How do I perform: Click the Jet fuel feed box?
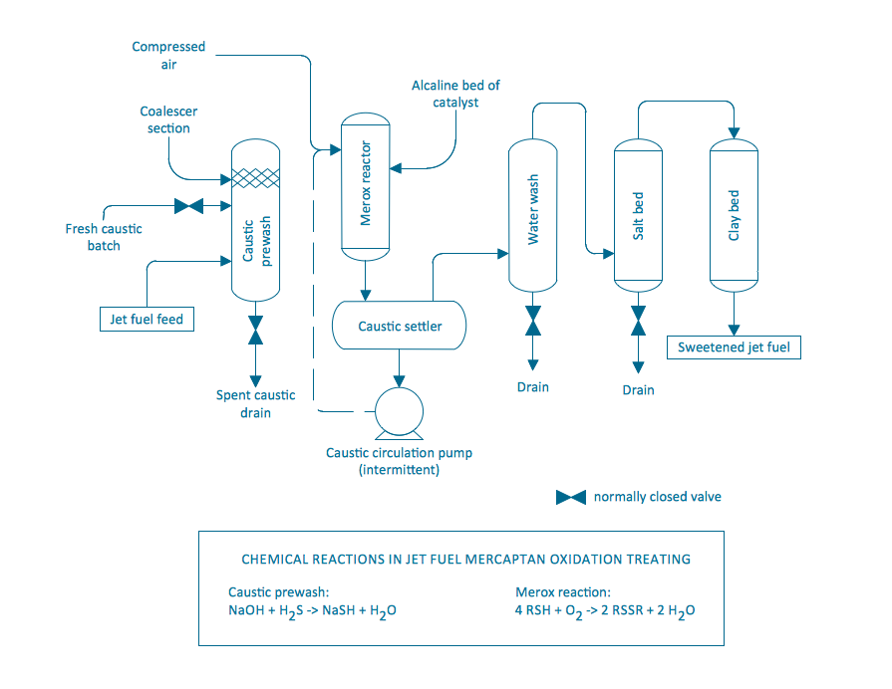coord(147,320)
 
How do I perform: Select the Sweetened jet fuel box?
coord(734,347)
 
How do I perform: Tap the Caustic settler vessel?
coord(399,326)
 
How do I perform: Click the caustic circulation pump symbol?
coord(398,411)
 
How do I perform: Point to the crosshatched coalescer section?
coord(256,178)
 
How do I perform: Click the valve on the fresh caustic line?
coord(188,206)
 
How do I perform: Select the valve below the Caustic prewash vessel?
coord(256,332)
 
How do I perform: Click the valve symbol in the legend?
coord(570,497)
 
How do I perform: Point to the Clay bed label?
coord(735,215)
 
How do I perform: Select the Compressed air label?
coord(168,55)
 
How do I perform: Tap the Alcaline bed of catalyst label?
coord(455,94)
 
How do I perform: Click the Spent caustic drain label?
coord(256,403)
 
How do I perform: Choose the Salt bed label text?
coord(639,215)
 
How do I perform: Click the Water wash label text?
coord(533,210)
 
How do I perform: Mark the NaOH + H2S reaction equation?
coord(312,610)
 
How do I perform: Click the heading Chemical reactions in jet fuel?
coord(465,559)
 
